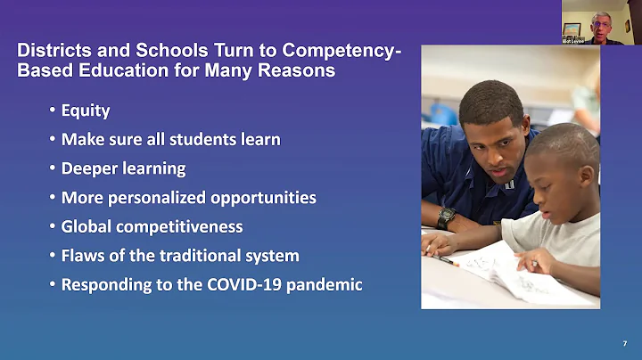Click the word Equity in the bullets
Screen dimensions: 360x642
click(86, 111)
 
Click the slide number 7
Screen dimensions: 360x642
click(624, 343)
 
